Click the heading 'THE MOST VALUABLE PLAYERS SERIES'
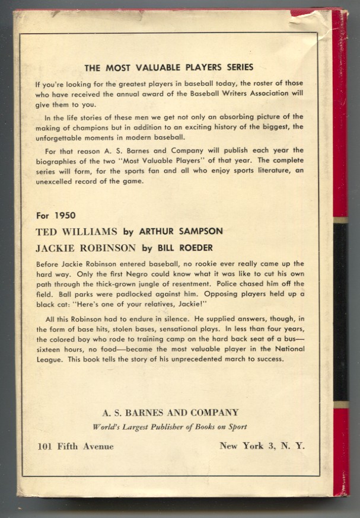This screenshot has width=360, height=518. coord(169,67)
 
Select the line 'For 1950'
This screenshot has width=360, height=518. coord(53,215)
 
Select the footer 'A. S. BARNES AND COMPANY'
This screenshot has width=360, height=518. coord(170,413)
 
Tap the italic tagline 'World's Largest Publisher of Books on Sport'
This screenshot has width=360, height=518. coord(170,427)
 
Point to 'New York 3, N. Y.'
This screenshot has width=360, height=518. coord(262,446)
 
